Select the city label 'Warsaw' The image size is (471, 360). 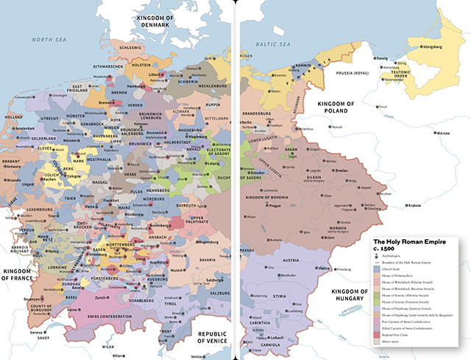tap(442, 133)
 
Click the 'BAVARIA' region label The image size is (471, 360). tap(188, 259)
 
